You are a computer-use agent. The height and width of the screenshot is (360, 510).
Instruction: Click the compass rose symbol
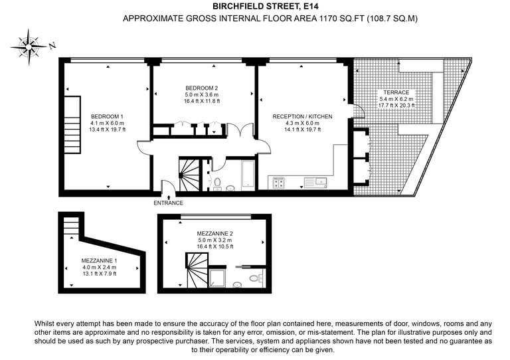click(29, 47)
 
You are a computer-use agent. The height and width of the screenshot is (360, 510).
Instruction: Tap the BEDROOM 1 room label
click(107, 116)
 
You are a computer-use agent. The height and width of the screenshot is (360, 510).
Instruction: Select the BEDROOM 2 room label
click(202, 88)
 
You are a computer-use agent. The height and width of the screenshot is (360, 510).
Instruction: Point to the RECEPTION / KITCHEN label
click(302, 116)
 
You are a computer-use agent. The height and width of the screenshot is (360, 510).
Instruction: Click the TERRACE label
click(396, 92)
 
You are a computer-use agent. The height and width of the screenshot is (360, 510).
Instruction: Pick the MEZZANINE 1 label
click(99, 260)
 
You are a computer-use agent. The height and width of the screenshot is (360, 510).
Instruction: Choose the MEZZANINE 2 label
click(214, 234)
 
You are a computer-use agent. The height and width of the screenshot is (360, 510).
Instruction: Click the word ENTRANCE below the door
click(168, 203)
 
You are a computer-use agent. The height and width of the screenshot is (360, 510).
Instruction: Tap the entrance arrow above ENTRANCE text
click(169, 197)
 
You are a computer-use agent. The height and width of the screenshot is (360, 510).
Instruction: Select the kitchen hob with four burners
click(279, 183)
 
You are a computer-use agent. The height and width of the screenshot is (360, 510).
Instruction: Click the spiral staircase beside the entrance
click(189, 174)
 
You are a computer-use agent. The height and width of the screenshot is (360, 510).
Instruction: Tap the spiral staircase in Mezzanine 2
click(197, 270)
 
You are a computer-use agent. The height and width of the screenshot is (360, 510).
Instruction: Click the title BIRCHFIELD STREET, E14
click(266, 6)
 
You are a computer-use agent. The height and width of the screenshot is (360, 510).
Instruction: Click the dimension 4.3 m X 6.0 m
click(302, 123)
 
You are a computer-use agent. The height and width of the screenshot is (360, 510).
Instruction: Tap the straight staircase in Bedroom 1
click(72, 125)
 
